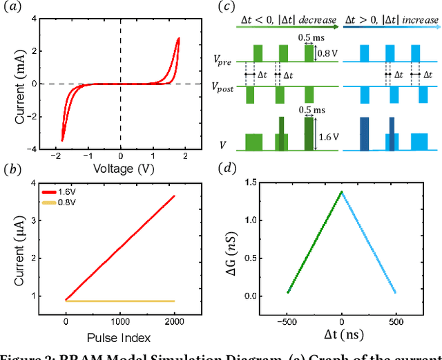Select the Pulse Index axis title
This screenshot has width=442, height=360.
point(122,338)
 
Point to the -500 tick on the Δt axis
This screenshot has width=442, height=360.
point(288,322)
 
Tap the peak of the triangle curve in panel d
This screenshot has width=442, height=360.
point(342,192)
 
